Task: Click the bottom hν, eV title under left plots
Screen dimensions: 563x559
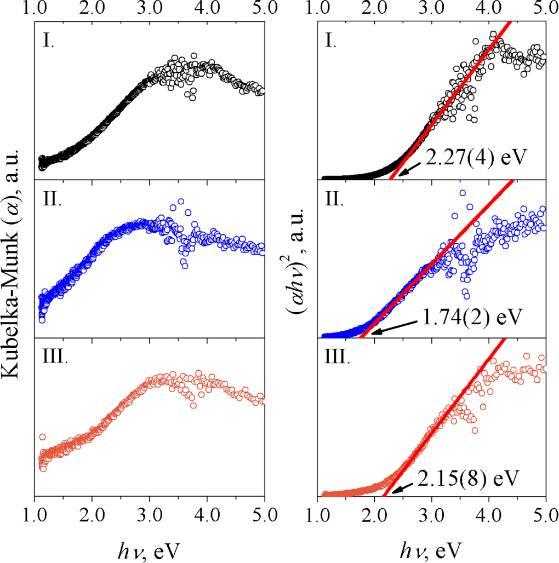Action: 150,548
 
